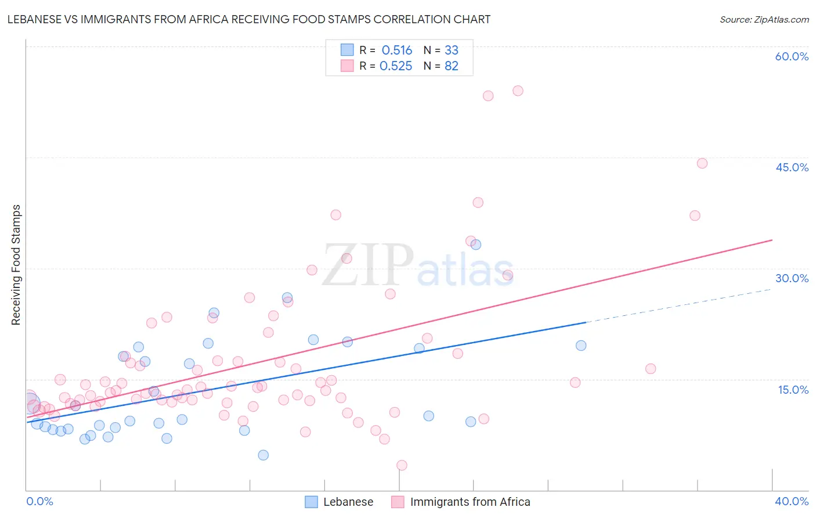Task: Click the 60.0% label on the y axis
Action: pyautogui.click(x=792, y=56)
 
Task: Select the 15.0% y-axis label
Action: pyautogui.click(x=793, y=390)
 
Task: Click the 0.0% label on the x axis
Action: pyautogui.click(x=39, y=501)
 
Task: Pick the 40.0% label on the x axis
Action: pyautogui.click(x=792, y=501)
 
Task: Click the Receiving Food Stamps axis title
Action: pyautogui.click(x=16, y=265)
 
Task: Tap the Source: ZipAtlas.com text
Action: pyautogui.click(x=764, y=19)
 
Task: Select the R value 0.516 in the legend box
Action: pyautogui.click(x=397, y=50)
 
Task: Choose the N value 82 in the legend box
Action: pyautogui.click(x=452, y=66)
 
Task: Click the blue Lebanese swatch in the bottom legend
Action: pyautogui.click(x=311, y=502)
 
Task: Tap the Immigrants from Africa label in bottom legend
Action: pyautogui.click(x=470, y=502)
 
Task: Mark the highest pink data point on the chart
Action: pyautogui.click(x=518, y=91)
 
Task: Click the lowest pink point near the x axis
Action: pyautogui.click(x=402, y=465)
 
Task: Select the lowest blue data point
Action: pyautogui.click(x=263, y=455)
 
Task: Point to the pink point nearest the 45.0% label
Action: pyautogui.click(x=702, y=163)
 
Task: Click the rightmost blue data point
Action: pyautogui.click(x=581, y=345)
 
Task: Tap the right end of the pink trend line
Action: pyautogui.click(x=772, y=240)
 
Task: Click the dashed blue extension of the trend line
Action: pyautogui.click(x=678, y=305)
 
